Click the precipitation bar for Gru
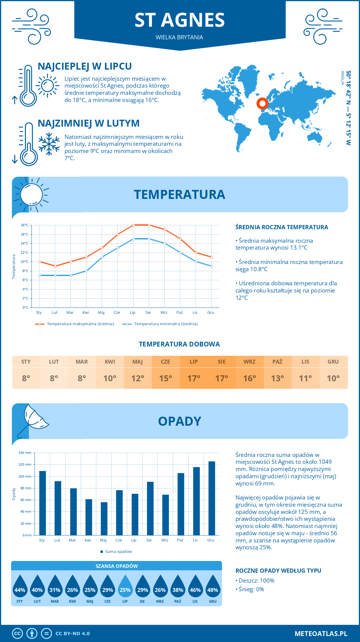click(212, 498)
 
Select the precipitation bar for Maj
click(104, 519)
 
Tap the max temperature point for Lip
click(133, 225)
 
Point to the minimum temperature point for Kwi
click(86, 271)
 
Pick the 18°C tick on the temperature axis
click(25, 225)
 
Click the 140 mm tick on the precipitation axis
click(25, 453)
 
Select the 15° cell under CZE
click(166, 378)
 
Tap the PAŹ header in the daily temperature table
click(277, 362)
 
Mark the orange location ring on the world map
click(262, 103)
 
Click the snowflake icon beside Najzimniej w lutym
click(49, 144)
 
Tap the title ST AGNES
click(180, 20)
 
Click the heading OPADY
click(179, 421)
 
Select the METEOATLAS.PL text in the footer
click(321, 633)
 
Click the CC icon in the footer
click(17, 633)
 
